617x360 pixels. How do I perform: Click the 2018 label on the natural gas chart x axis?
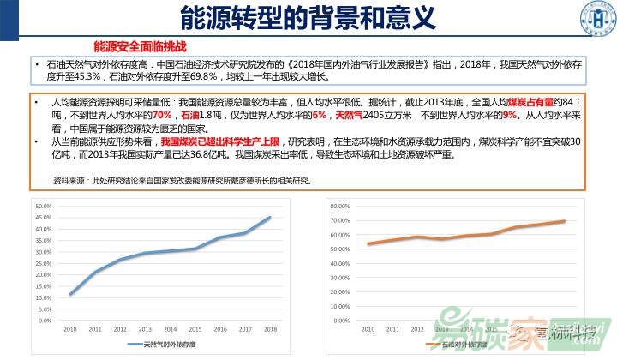pos(270,328)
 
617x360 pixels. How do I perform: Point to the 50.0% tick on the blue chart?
pos(45,207)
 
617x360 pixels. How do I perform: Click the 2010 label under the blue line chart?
pos(69,328)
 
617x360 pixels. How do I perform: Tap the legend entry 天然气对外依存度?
pos(168,344)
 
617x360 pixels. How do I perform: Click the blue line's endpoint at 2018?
pos(270,217)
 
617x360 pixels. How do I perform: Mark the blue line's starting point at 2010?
pos(69,294)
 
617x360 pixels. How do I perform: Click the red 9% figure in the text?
pos(511,115)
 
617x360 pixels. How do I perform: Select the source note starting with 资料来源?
pos(182,181)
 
